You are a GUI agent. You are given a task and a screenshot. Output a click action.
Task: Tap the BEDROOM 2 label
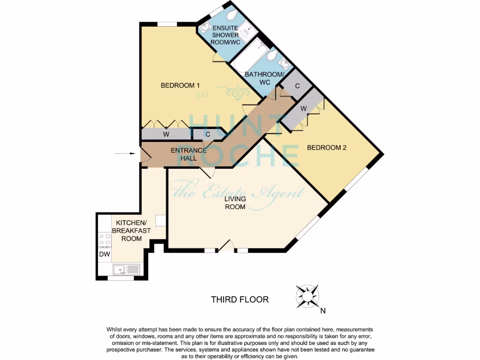click(326, 148)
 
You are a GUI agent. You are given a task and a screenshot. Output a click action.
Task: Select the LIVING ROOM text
click(235, 202)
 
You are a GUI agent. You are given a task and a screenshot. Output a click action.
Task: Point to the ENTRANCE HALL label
click(188, 154)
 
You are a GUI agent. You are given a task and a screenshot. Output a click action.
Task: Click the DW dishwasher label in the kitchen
click(105, 255)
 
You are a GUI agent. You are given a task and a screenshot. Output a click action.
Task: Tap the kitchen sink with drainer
click(126, 270)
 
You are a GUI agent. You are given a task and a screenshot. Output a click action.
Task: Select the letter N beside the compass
click(322, 310)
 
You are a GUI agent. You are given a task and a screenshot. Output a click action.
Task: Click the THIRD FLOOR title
click(240, 299)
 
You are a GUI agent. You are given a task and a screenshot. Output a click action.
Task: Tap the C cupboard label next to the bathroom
click(297, 86)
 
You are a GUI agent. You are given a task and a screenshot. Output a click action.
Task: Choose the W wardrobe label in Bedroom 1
click(165, 135)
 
